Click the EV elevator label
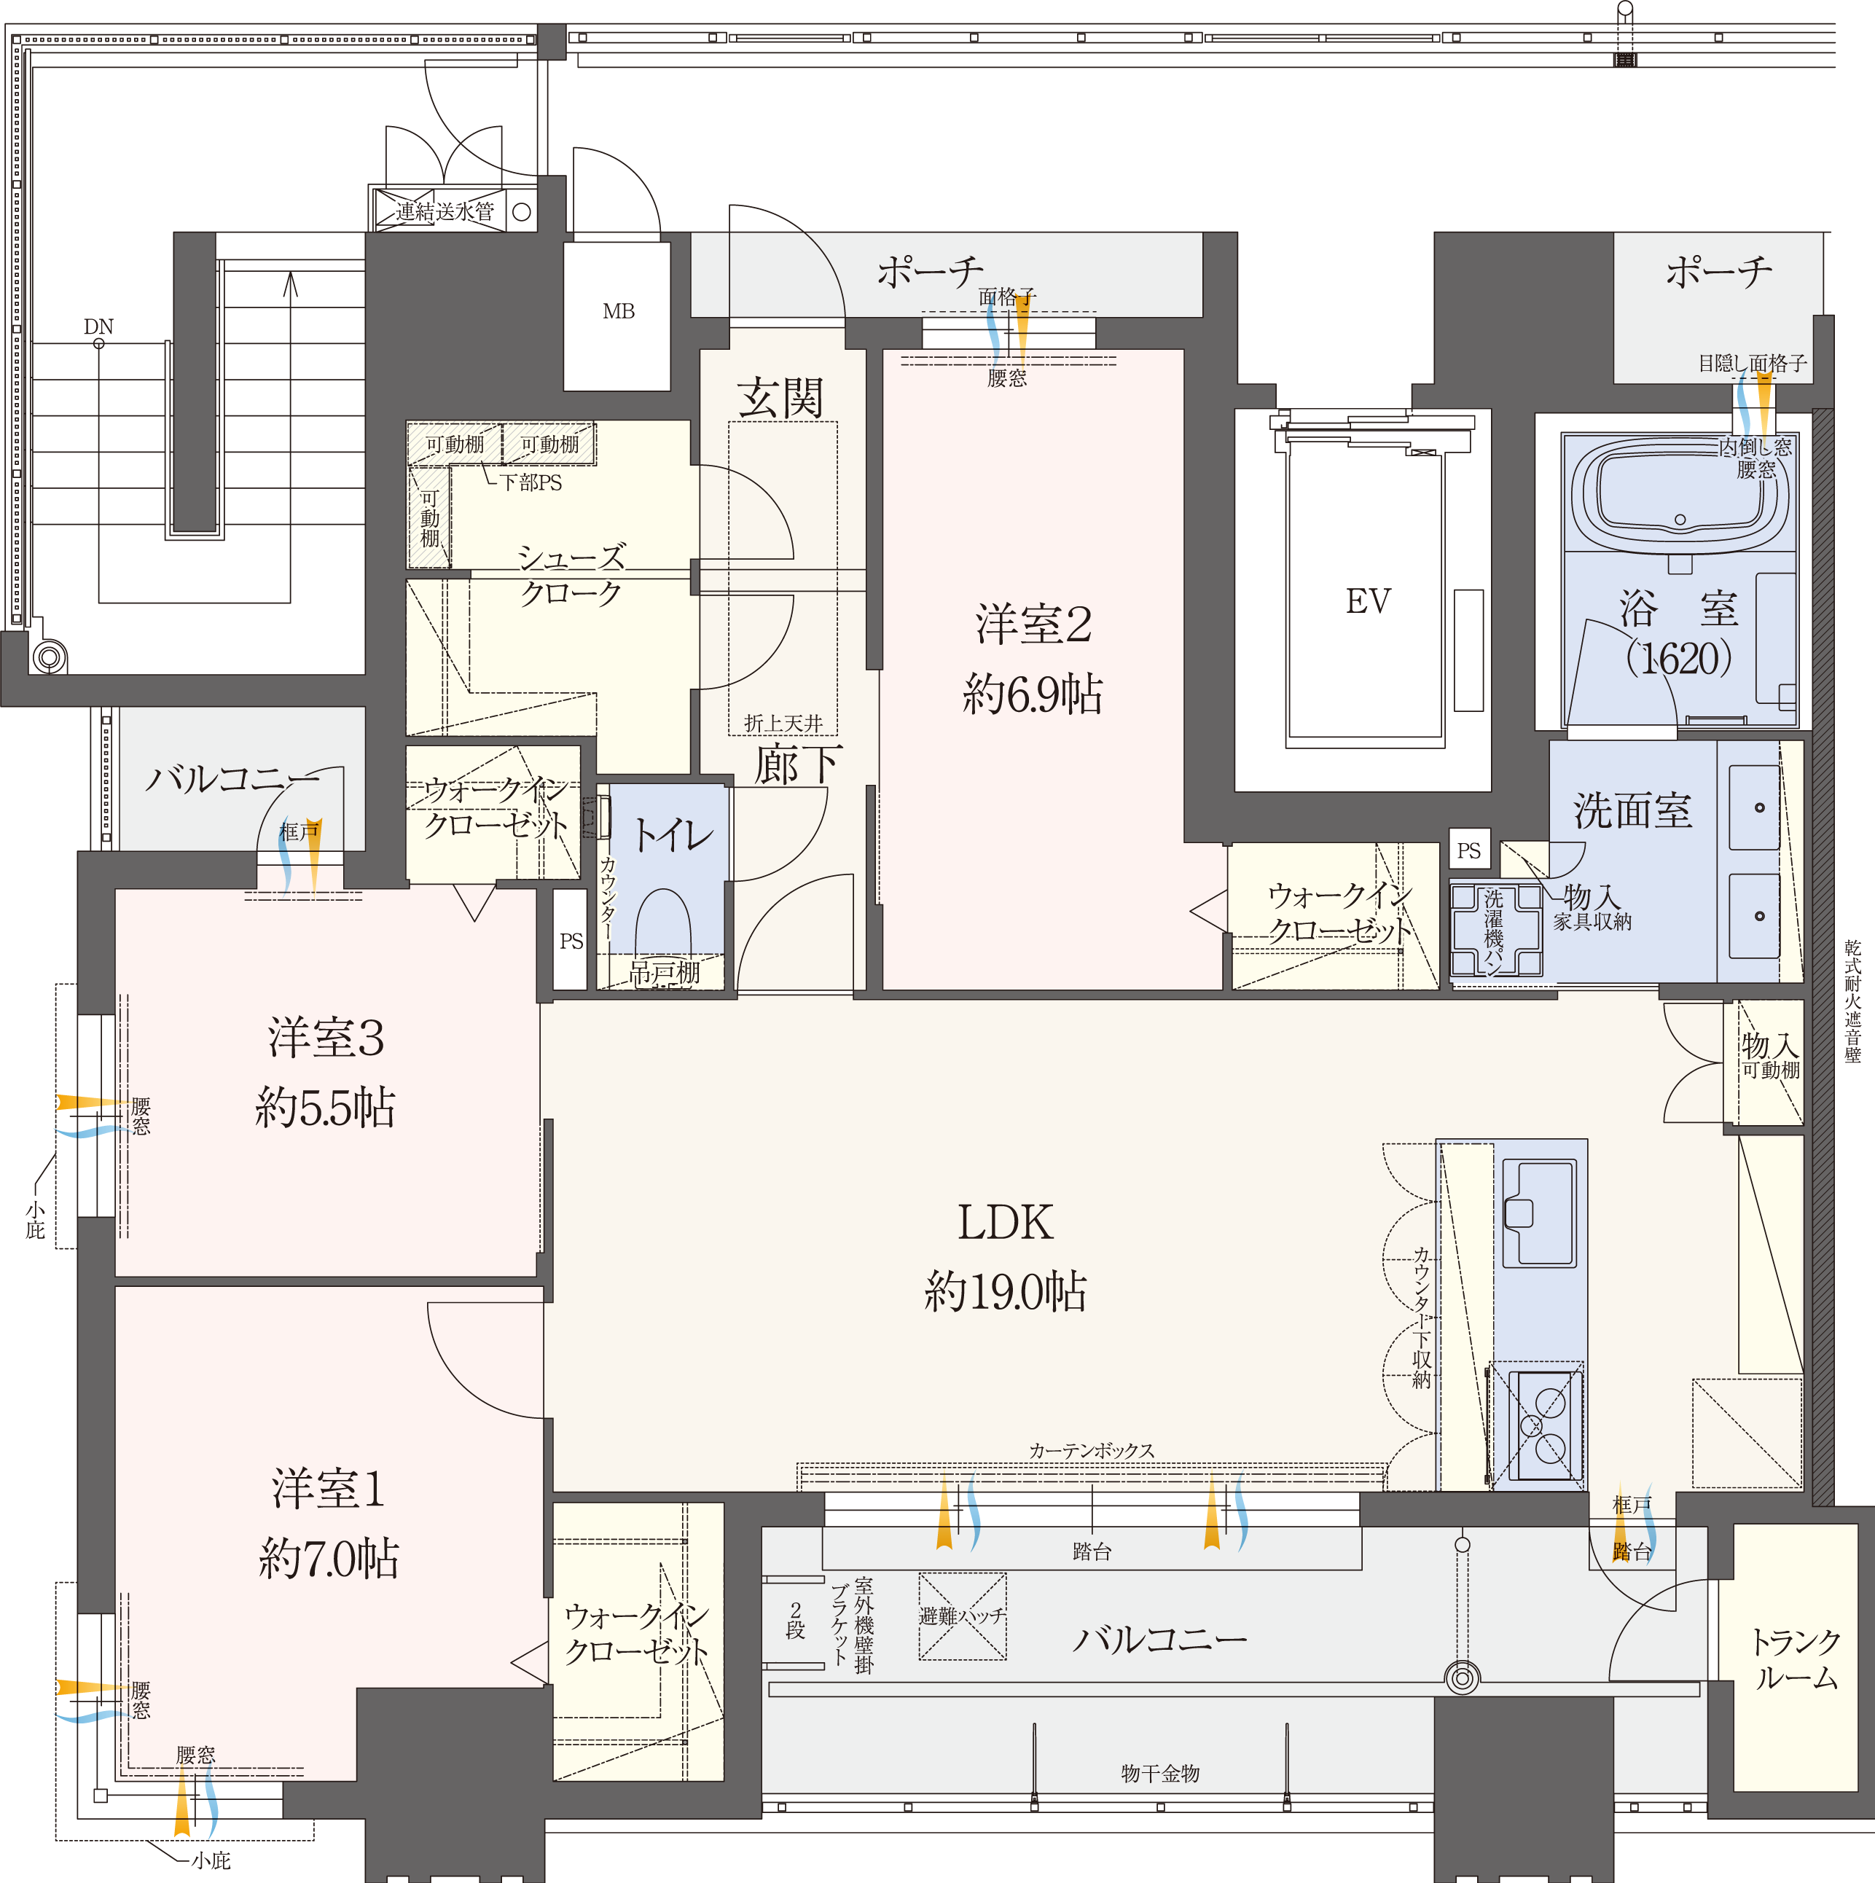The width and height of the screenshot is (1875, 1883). pyautogui.click(x=1369, y=601)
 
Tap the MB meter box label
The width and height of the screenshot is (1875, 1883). pyautogui.click(x=619, y=312)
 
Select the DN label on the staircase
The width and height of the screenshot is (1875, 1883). pyautogui.click(x=98, y=326)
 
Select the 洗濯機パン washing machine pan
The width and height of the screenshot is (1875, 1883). pyautogui.click(x=1496, y=930)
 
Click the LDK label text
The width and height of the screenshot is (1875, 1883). pyautogui.click(x=1005, y=1222)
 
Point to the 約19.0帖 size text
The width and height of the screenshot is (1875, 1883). pyautogui.click(x=1005, y=1292)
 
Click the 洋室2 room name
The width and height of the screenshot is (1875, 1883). pyautogui.click(x=1033, y=624)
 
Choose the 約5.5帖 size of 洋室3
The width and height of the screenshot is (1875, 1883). pyautogui.click(x=324, y=1107)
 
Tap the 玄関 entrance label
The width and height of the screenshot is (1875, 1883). pyautogui.click(x=780, y=398)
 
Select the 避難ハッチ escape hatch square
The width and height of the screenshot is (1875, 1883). pyautogui.click(x=962, y=1616)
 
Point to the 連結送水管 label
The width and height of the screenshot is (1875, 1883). pyautogui.click(x=445, y=211)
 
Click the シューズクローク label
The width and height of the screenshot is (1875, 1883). pyautogui.click(x=571, y=575)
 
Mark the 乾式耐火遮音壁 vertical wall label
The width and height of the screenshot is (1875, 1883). pyautogui.click(x=1852, y=1001)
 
